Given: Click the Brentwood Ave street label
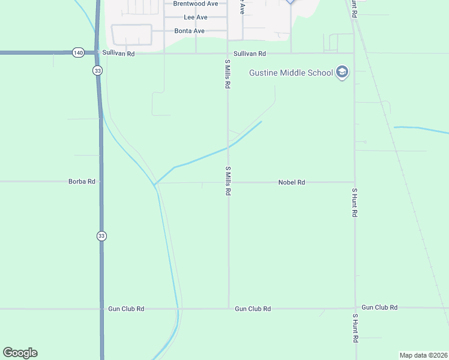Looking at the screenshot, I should [195, 4].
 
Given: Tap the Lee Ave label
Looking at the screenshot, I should [195, 17].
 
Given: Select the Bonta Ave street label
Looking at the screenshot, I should [190, 31].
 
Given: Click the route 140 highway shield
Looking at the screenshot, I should [79, 53].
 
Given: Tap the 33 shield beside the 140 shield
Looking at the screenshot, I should [97, 70].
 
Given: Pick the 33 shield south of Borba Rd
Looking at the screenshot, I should [101, 236].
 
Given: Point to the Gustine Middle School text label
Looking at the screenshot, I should [291, 73].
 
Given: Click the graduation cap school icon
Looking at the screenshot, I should [342, 73].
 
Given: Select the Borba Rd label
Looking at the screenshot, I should [82, 181].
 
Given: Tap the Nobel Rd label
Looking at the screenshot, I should [292, 182].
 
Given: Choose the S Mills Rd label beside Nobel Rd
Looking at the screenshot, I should [228, 181].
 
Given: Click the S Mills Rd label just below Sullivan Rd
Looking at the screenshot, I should [228, 74].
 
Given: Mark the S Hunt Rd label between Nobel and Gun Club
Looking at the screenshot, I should [354, 202].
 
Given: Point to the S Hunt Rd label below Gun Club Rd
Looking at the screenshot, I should [355, 328].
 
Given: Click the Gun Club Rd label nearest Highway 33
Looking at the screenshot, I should [126, 309].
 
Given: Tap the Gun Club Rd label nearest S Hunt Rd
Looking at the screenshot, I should [379, 307].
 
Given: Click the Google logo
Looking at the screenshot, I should [20, 353].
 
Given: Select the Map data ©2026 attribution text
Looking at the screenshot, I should [423, 355].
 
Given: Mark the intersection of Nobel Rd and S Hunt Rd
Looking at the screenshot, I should [354, 182].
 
